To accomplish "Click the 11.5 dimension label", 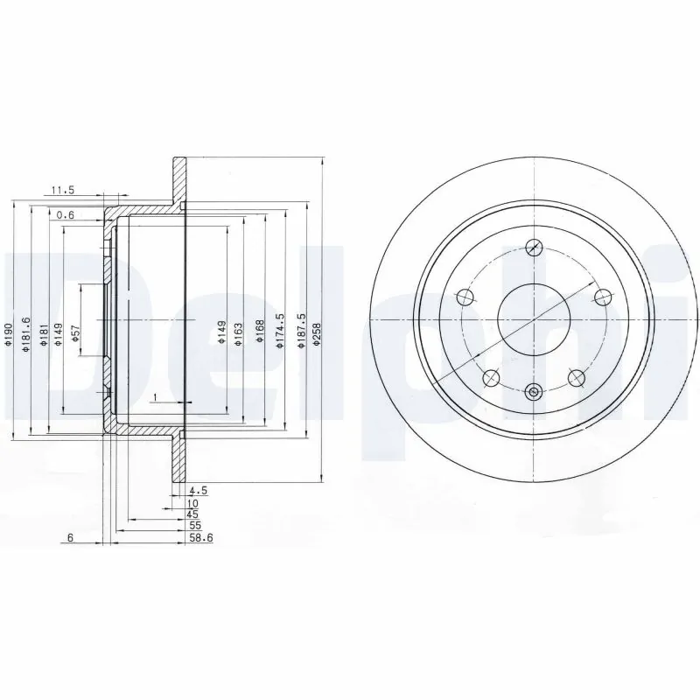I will tap(63, 190).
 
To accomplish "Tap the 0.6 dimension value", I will tap(65, 214).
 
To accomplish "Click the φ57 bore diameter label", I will tap(75, 332).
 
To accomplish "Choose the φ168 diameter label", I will tap(260, 331).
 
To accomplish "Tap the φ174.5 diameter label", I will tap(280, 332).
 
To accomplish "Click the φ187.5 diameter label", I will tap(302, 331).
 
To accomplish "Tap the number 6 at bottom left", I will tap(69, 538).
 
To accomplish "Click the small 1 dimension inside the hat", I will tap(154, 398).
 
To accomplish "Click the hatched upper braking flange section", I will tap(179, 184).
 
